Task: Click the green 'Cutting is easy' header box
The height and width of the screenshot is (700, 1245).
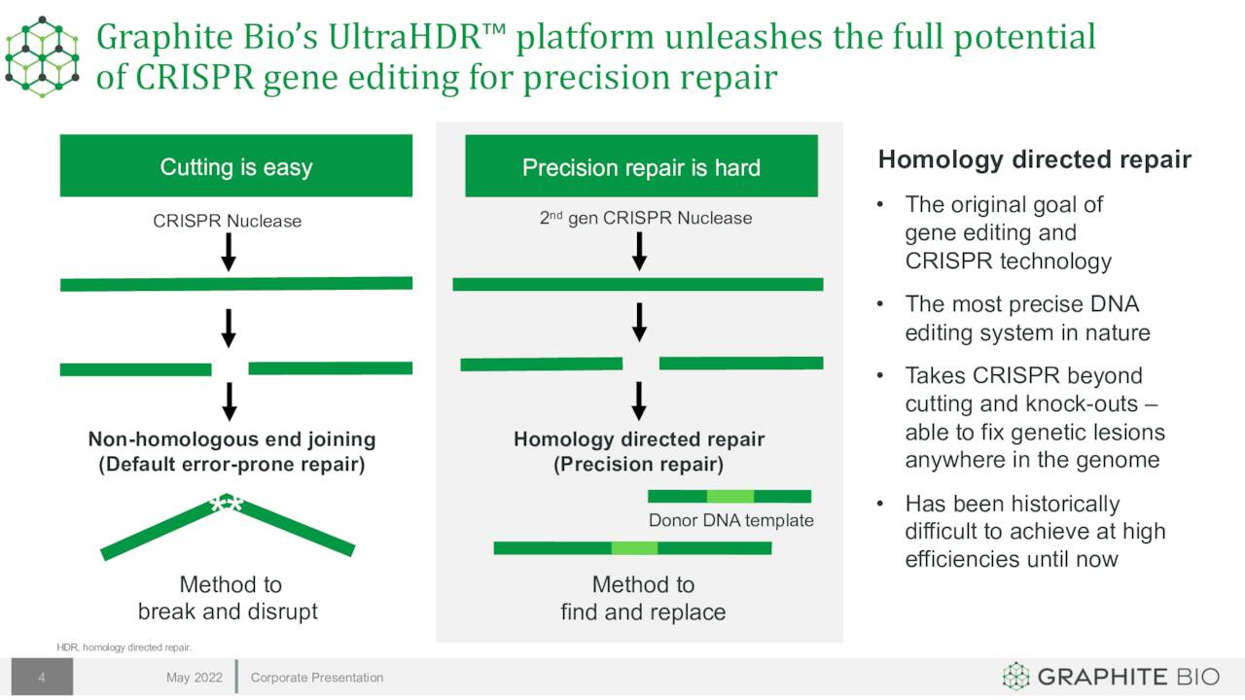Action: (236, 165)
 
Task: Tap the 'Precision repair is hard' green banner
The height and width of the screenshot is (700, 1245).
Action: (641, 165)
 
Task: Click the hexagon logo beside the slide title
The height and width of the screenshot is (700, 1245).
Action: (42, 56)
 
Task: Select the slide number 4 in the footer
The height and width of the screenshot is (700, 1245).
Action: (42, 678)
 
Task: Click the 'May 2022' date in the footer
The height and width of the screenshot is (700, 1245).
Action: (195, 678)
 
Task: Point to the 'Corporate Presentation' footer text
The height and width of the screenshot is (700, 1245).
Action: (317, 678)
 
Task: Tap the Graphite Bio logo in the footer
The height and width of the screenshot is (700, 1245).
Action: (1111, 677)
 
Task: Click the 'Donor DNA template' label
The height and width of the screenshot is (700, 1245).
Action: (730, 520)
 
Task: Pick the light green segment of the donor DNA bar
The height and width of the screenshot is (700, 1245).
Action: (730, 496)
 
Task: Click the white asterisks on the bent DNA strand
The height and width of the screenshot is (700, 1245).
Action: (227, 504)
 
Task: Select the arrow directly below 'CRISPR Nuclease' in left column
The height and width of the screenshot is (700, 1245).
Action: (229, 252)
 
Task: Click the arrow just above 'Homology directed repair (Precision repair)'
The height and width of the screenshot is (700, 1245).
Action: (639, 401)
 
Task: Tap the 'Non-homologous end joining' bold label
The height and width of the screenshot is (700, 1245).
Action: (231, 438)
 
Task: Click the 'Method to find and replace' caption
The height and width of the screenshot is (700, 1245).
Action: (643, 598)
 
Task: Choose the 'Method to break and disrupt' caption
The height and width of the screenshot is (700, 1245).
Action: (228, 598)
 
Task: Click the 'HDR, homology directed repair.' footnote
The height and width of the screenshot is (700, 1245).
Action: (124, 647)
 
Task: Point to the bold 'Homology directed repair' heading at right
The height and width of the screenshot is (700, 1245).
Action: (1034, 160)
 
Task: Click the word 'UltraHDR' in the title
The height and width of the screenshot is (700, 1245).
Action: (404, 37)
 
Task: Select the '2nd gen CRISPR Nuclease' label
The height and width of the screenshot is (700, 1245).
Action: (646, 217)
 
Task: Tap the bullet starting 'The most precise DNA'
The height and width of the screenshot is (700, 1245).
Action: (1028, 318)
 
